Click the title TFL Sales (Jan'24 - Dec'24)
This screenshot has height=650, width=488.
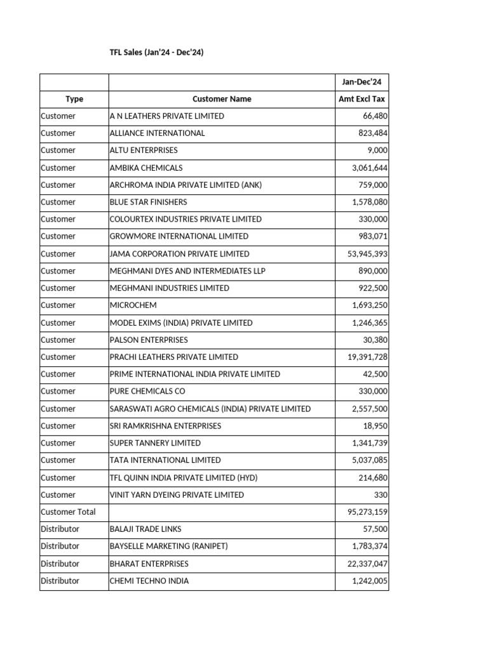click(x=156, y=53)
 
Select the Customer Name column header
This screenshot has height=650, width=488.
click(x=222, y=99)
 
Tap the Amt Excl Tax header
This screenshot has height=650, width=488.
click(x=362, y=99)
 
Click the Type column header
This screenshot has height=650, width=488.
click(x=74, y=99)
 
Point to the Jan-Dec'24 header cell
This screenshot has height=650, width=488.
click(x=362, y=82)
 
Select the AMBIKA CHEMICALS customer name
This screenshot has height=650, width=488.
click(x=146, y=168)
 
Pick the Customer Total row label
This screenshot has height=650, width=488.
click(x=68, y=512)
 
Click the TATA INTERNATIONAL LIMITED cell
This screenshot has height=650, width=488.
click(x=165, y=460)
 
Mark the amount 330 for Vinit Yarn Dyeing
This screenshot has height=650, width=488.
click(x=381, y=495)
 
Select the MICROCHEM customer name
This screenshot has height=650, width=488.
click(x=133, y=305)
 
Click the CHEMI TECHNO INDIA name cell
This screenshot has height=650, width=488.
click(x=149, y=581)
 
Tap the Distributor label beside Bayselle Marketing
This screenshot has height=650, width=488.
click(x=60, y=547)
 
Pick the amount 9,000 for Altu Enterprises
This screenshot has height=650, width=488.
click(x=377, y=150)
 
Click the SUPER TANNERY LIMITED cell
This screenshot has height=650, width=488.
click(x=155, y=443)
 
